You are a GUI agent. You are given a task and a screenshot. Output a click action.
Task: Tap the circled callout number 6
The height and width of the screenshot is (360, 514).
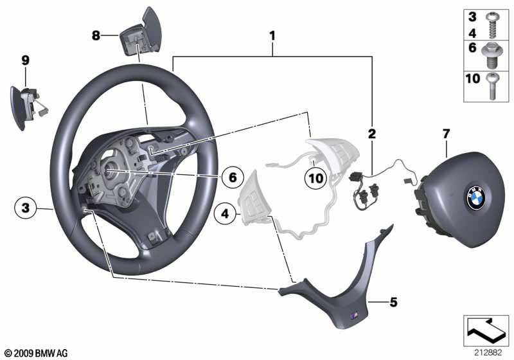233,175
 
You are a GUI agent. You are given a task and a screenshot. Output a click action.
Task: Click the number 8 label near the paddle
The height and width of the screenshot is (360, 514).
96,35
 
